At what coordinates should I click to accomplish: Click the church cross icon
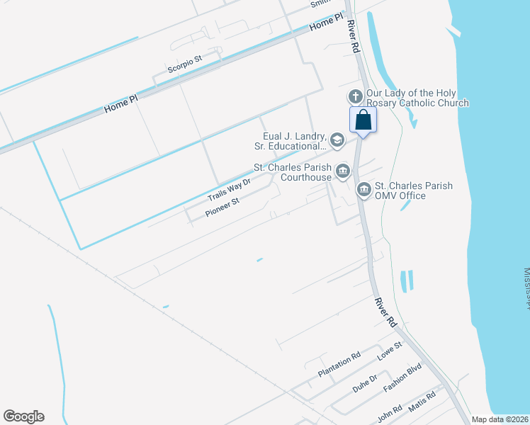coord(355,96)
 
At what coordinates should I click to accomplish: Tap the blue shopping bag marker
coord(363,120)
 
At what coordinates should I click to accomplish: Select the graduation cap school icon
coord(337,140)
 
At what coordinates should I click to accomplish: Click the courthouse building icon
coord(343,171)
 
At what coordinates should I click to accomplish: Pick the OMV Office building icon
coord(363,189)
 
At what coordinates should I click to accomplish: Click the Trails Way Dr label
coord(229,189)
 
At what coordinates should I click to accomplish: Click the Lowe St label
coord(388,351)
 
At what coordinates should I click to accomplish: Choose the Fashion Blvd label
coord(402,378)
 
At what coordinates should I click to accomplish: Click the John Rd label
coord(389,410)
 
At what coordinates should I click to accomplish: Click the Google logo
coord(23,416)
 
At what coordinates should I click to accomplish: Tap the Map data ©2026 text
coord(500,419)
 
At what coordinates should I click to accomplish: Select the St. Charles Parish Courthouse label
coord(293,172)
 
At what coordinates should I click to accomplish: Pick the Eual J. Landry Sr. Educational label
coord(290,141)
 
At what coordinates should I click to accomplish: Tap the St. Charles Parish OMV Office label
coord(414,191)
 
